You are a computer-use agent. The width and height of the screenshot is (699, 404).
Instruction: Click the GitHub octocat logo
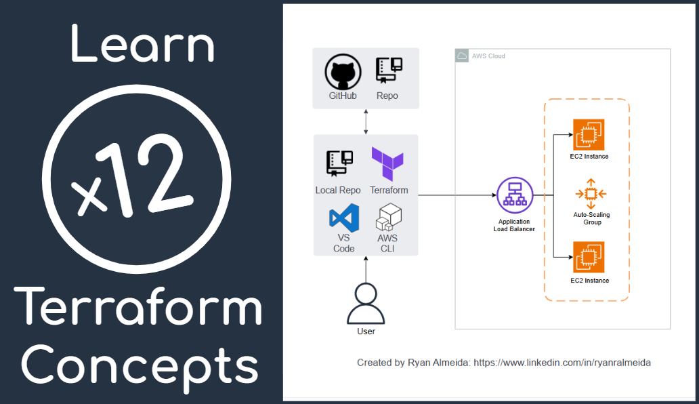342,72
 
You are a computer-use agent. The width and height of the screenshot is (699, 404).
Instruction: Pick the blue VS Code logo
343,218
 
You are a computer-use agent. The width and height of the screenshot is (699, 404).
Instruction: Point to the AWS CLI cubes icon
389,217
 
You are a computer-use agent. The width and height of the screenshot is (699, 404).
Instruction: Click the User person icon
366,304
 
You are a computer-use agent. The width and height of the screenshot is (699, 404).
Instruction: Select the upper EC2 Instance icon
588,134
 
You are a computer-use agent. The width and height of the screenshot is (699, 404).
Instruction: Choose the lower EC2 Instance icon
588,258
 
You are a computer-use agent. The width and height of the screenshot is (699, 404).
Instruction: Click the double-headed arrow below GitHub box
366,121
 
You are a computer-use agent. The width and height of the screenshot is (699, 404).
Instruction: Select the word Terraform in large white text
141,307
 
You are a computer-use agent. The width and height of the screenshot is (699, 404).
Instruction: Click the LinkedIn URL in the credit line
562,363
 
